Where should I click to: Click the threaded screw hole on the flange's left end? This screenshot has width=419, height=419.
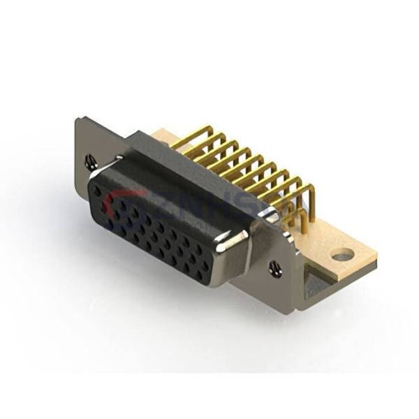pos(90,163)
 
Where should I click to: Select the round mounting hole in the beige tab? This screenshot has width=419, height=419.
pos(342,256)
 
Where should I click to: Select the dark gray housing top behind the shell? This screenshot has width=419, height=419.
pos(175,157)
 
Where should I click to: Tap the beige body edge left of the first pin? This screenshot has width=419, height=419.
pos(162,135)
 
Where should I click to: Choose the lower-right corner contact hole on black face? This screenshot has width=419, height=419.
pos(203,274)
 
